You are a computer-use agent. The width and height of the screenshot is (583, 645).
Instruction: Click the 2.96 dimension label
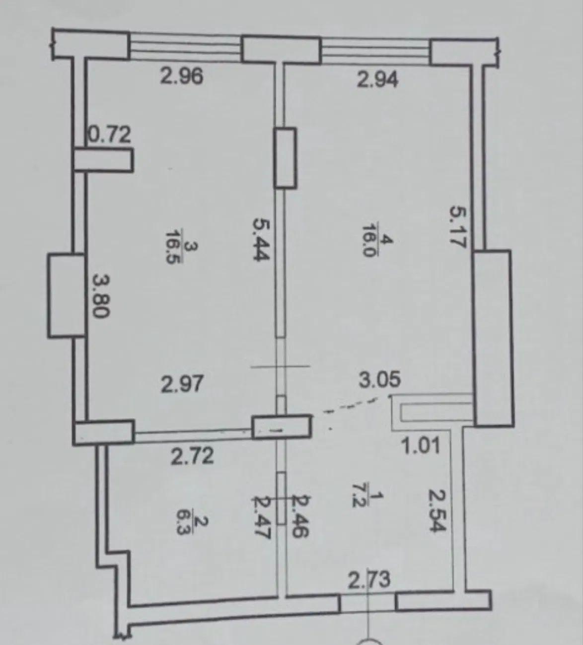pos(182,77)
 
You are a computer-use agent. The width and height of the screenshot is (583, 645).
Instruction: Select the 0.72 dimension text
pos(109,135)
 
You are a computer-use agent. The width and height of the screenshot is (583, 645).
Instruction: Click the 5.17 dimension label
pos(457,227)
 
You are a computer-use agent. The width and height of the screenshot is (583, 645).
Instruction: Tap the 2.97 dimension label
pos(182,384)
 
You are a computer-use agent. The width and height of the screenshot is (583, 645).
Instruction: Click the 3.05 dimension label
pos(380,379)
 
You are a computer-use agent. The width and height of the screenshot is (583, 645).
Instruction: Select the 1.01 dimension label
pos(421,446)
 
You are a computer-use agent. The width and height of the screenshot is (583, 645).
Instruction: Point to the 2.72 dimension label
pos(192,457)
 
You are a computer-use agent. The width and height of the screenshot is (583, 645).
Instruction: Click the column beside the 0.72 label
pos(103,160)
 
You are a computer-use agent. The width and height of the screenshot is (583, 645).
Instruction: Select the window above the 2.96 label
pos(185,48)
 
